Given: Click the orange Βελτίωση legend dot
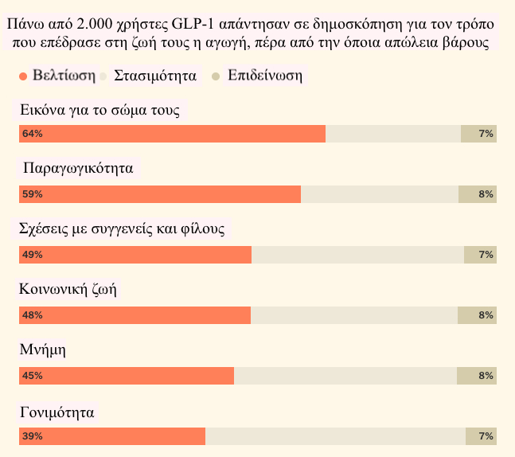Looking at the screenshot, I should (23, 76).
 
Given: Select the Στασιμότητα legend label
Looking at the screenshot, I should (154, 76).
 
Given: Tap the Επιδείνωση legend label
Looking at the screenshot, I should (264, 76).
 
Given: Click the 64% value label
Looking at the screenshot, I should (33, 134).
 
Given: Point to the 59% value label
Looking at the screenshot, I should (33, 194).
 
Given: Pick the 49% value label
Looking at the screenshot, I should (33, 255).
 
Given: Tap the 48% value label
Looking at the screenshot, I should (33, 315).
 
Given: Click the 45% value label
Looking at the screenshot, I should (33, 376).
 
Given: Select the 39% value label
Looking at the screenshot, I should (33, 436).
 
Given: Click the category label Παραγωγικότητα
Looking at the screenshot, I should (78, 169).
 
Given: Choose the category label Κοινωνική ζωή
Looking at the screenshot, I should (68, 290).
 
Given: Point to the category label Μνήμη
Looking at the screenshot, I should (41, 350).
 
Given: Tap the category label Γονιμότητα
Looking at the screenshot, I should (57, 412).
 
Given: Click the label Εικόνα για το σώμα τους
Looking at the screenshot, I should (99, 110).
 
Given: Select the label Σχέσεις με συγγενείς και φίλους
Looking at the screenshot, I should (122, 229).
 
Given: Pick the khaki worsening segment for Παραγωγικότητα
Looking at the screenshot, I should (477, 194).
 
